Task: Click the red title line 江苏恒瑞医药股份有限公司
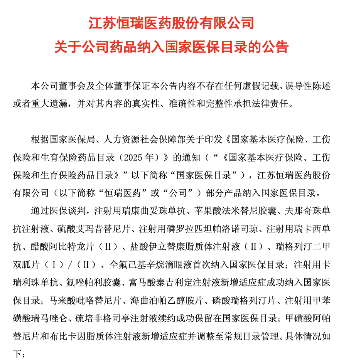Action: [x=171, y=24]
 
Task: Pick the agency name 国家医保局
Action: [x=68, y=139]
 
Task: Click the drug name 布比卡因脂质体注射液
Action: [x=91, y=336]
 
